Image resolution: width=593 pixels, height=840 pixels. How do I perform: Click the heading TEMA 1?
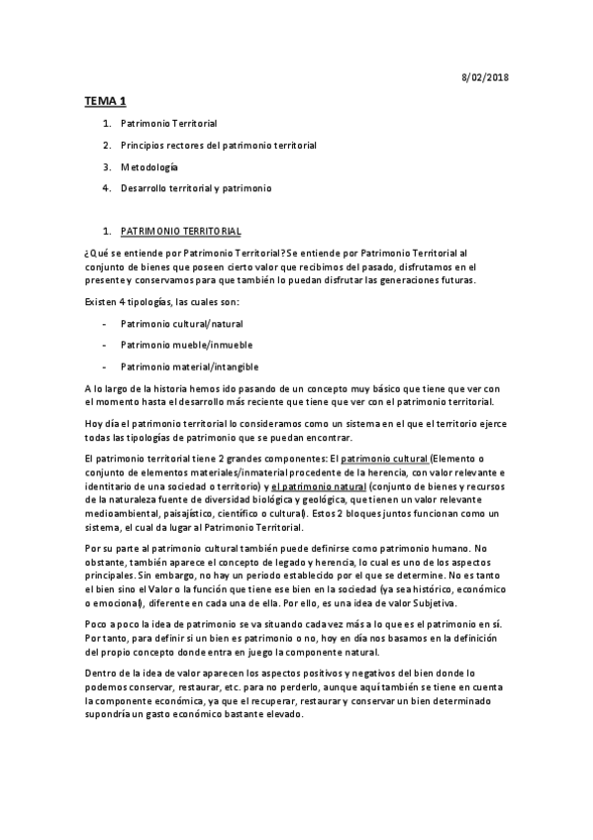point(104,101)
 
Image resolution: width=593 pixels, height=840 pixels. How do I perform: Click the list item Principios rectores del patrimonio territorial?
point(218,146)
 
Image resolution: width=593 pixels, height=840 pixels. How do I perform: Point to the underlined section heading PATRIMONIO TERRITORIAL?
point(180,231)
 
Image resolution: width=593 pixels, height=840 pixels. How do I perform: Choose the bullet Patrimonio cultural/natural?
point(181,324)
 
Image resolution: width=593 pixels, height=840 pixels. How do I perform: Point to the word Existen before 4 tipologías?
point(101,301)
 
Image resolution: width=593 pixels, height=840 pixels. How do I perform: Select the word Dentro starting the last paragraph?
point(101,672)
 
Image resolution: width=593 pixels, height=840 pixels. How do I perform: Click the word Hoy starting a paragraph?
point(95,423)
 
